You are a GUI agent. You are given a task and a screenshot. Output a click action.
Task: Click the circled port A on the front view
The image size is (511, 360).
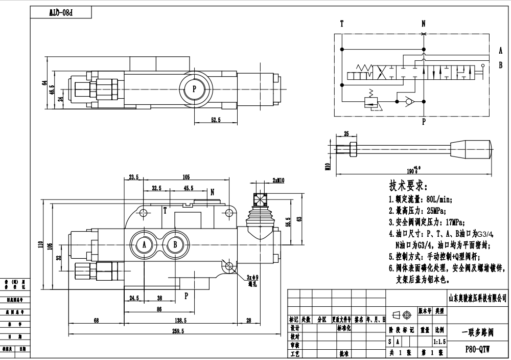coord(144,245)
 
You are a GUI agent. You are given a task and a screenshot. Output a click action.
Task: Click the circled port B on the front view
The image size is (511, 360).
coord(175,245)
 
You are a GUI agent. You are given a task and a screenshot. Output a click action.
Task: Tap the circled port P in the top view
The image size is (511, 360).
coord(194,88)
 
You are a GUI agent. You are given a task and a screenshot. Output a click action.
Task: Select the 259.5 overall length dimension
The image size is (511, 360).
coord(177,331)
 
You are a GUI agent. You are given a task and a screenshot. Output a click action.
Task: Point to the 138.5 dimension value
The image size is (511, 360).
coord(180,320)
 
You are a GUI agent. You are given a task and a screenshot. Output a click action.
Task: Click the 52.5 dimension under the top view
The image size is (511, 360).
coord(215,120)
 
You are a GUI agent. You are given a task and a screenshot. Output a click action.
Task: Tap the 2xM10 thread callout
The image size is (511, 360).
coord(278,180)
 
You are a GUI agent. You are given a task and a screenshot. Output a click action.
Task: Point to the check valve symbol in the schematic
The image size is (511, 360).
coord(407,101)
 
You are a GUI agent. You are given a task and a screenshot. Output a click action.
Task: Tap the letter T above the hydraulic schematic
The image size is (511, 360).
coord(341,24)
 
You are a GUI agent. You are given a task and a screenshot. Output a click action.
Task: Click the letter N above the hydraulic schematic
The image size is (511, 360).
coord(423,24)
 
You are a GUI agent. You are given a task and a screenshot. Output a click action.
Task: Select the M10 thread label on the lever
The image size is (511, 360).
coord(328,164)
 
